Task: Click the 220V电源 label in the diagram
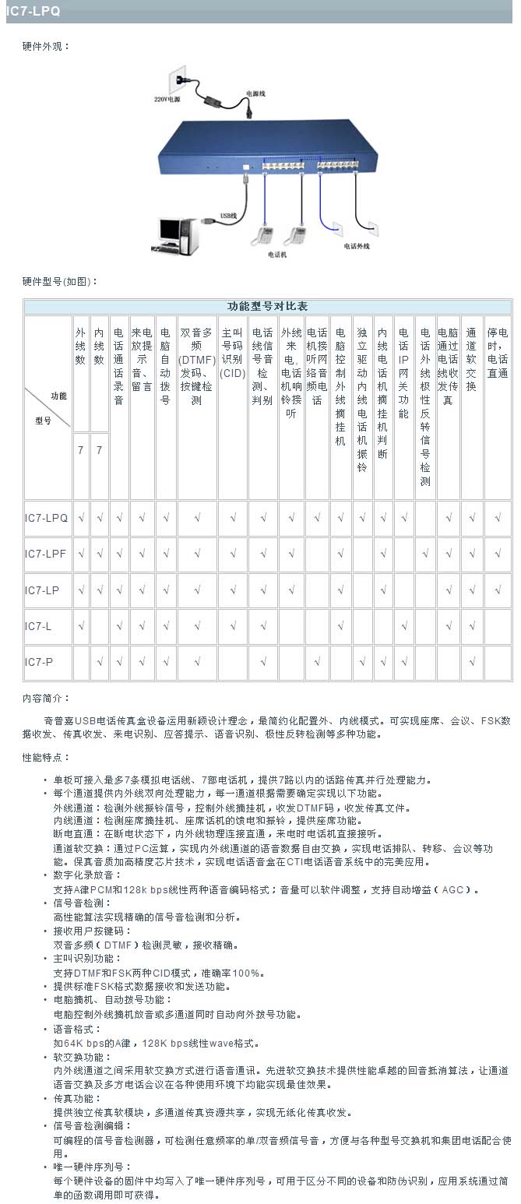click(x=167, y=100)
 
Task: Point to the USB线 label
click(x=227, y=216)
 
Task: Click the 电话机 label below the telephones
click(x=278, y=254)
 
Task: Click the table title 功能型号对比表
click(x=267, y=306)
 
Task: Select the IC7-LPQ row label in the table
click(x=46, y=517)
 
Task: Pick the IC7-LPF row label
click(x=46, y=554)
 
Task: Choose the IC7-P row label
click(x=38, y=662)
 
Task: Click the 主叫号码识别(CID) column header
click(x=232, y=352)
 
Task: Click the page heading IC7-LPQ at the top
click(x=33, y=12)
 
